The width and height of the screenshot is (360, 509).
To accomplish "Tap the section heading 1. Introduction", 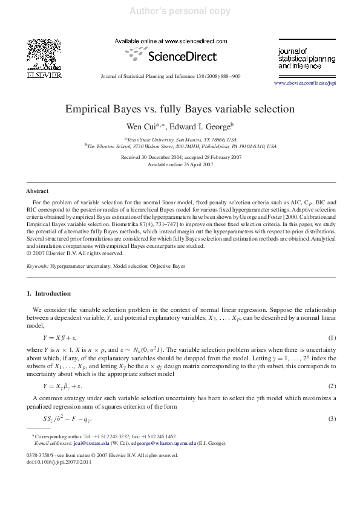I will click(x=49, y=294).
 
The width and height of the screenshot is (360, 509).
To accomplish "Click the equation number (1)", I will click(x=332, y=337).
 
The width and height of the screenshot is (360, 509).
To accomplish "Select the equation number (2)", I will click(x=332, y=386).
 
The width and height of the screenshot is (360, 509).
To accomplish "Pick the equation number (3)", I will click(x=332, y=419).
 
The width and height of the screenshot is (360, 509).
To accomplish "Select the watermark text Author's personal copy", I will click(x=180, y=11).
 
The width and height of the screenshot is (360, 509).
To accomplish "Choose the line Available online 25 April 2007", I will click(x=180, y=164).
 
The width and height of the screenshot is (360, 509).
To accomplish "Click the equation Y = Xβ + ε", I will click(x=60, y=337).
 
